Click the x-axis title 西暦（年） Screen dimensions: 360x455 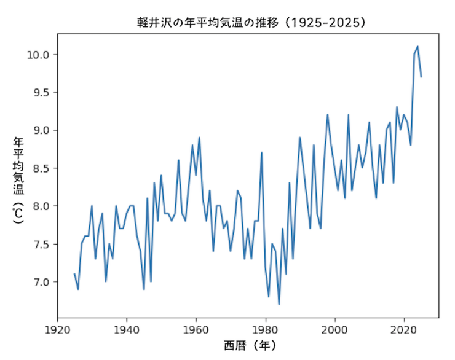coord(248,346)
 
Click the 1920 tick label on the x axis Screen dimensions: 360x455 coord(57,328)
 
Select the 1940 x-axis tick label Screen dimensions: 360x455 coord(127,328)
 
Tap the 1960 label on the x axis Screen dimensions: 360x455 coord(196,328)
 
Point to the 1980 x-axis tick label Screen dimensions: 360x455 coord(266,328)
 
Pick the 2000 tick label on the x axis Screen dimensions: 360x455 coord(335,328)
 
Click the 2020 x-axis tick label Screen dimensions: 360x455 coord(405,328)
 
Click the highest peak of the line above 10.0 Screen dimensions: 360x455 coord(418,47)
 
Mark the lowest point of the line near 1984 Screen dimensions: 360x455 coord(279,304)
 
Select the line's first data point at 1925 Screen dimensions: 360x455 coord(74,274)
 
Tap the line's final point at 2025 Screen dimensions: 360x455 coord(422,77)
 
